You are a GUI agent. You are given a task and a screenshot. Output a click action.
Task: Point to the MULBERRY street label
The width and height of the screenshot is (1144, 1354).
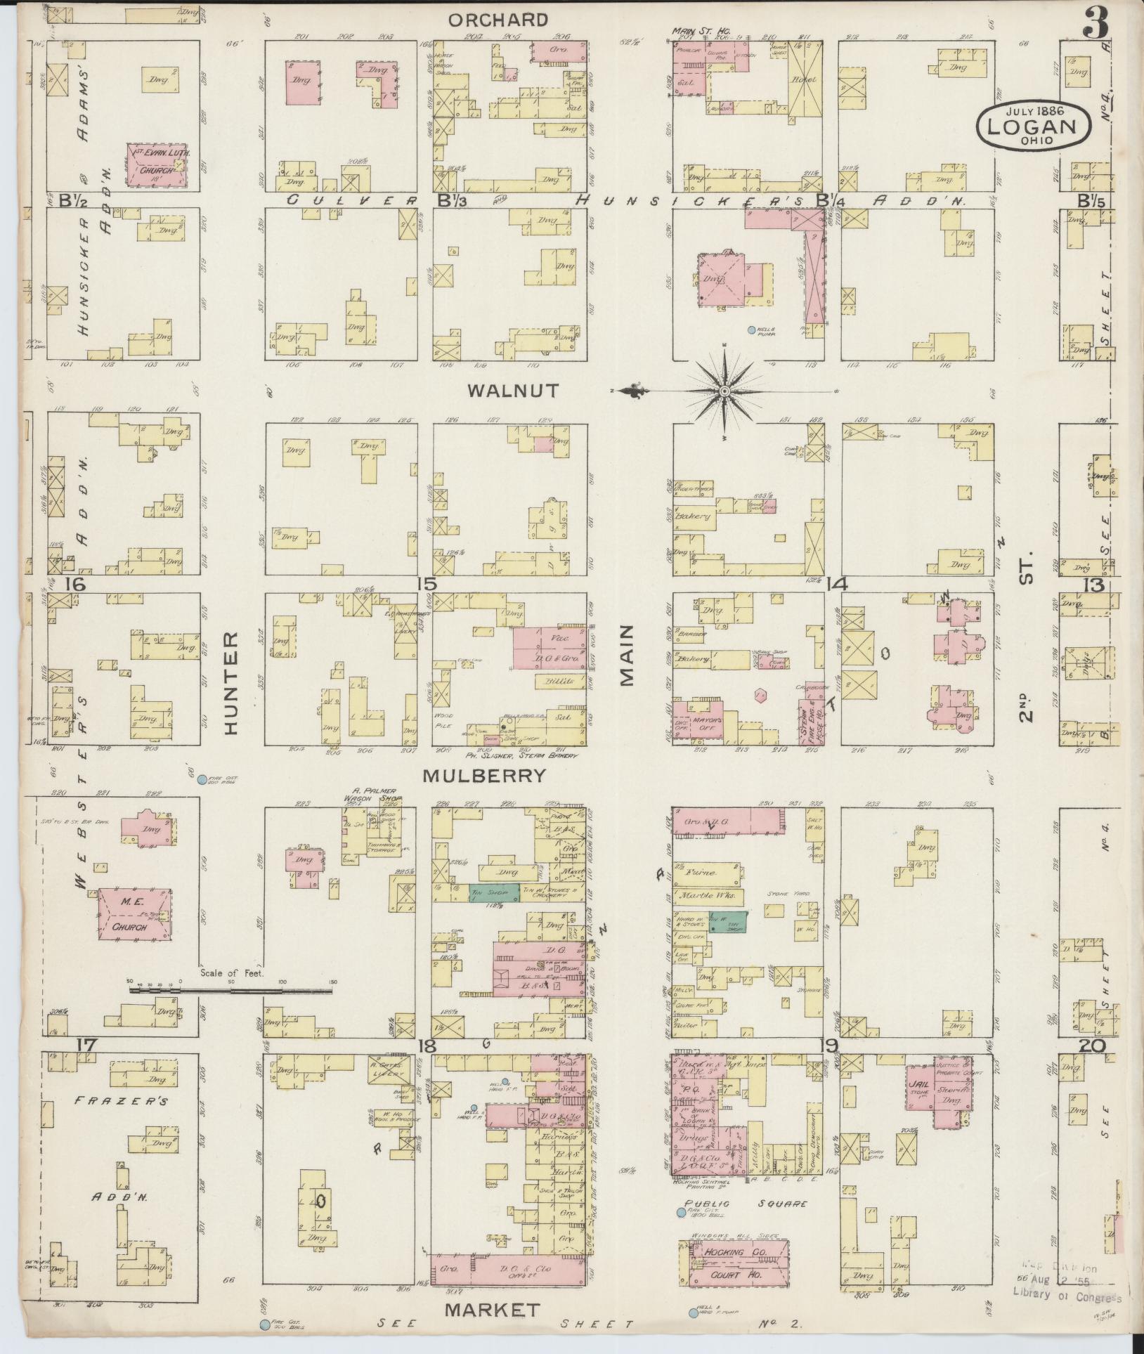point(484,776)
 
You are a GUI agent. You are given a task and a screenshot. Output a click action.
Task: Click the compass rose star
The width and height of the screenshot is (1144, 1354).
point(724,391)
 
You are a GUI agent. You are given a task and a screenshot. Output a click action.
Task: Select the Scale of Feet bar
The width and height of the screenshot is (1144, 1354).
point(230,990)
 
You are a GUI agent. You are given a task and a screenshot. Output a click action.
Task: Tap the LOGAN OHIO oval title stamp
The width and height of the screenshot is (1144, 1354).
point(1033,124)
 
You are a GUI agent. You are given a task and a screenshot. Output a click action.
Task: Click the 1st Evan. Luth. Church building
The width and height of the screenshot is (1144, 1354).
point(156,164)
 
